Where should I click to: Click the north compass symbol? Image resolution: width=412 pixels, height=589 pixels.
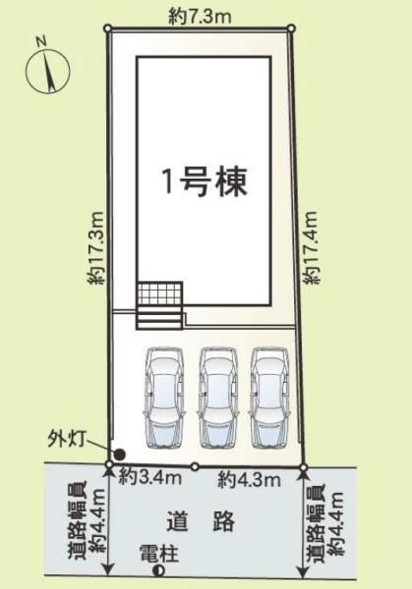click(x=47, y=70)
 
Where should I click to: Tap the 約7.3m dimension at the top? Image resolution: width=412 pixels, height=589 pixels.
click(x=200, y=17)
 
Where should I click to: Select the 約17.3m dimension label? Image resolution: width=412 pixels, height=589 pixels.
click(x=95, y=247)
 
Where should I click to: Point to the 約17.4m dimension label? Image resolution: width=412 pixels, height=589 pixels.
click(x=312, y=247)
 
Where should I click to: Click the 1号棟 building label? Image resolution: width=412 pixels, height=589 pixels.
click(x=206, y=183)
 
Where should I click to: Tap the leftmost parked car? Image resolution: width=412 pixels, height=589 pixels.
click(x=165, y=398)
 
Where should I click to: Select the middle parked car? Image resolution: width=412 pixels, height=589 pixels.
click(x=218, y=398)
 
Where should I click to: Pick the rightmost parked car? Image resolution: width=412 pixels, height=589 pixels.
click(x=269, y=398)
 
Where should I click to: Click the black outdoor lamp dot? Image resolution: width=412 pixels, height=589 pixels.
click(x=120, y=455)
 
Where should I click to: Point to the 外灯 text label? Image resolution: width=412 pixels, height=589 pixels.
click(x=67, y=439)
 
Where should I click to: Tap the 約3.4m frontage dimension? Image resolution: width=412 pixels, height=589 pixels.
click(x=150, y=478)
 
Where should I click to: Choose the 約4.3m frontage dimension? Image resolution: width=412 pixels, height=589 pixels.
click(x=250, y=480)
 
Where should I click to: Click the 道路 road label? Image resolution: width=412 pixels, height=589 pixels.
click(x=201, y=520)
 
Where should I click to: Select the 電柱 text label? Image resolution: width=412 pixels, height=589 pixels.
click(x=159, y=554)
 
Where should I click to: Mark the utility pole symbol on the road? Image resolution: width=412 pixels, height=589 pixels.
click(x=159, y=571)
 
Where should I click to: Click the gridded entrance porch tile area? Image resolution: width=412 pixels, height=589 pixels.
click(x=160, y=293)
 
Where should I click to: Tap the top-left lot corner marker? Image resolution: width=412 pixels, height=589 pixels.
click(x=108, y=27)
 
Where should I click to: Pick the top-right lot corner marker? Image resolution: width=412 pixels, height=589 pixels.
click(x=291, y=27)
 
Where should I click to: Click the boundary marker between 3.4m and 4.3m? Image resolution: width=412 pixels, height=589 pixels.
click(x=195, y=466)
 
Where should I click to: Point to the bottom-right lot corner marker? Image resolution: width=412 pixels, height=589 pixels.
click(x=304, y=467)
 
